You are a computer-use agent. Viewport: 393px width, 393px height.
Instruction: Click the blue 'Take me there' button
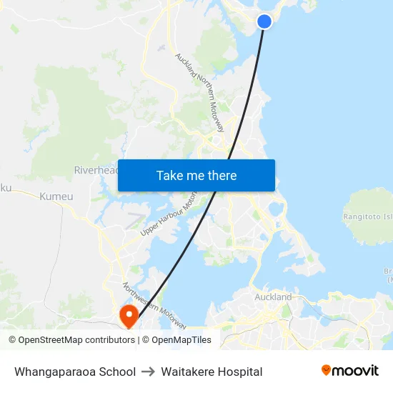(196, 175)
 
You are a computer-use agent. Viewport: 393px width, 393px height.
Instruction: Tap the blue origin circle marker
(264, 21)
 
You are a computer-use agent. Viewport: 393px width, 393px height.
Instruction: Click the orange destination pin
(129, 316)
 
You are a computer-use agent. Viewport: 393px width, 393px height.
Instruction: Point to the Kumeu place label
(56, 196)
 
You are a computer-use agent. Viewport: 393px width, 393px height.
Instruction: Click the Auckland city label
(273, 297)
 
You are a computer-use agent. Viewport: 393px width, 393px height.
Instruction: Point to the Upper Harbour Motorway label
(169, 216)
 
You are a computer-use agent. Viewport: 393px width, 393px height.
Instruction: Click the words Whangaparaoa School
(75, 372)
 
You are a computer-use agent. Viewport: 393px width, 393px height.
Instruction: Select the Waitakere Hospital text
(212, 372)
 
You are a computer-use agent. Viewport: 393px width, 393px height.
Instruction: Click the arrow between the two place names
(149, 372)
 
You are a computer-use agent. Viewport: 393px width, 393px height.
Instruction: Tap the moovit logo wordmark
(355, 371)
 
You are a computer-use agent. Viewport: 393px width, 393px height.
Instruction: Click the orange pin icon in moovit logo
(327, 370)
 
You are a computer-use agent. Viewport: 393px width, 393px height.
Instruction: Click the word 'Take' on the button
(170, 175)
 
